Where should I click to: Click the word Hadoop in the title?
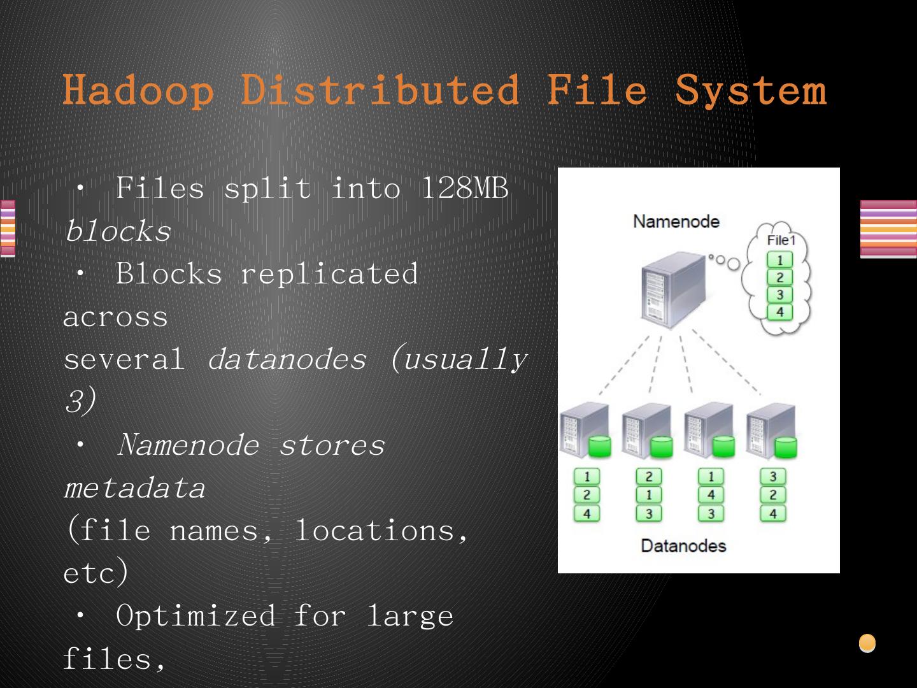pos(138,90)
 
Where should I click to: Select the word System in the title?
pos(751,90)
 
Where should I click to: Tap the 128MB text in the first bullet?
pos(466,189)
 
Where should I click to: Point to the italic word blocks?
pos(118,231)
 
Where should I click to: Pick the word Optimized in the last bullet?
pos(196,616)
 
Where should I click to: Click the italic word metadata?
pos(134,488)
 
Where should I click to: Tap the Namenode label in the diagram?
pos(676,222)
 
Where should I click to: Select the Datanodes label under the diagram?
pos(683,546)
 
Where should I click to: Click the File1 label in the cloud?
pos(781,240)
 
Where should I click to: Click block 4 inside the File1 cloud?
pos(779,312)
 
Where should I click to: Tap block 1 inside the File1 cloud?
pos(779,260)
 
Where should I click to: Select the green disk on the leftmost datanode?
pos(599,447)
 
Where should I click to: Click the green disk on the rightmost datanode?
pos(786,447)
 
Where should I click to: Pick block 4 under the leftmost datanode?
pos(586,513)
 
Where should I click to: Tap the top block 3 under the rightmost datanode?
pos(773,477)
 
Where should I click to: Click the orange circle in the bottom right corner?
pos(867,643)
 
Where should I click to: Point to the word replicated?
pos(329,274)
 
